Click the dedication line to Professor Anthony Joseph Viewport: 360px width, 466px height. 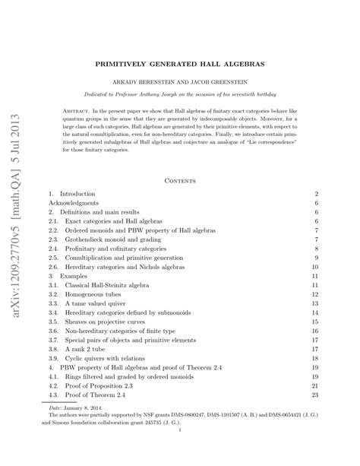tap(179, 96)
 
